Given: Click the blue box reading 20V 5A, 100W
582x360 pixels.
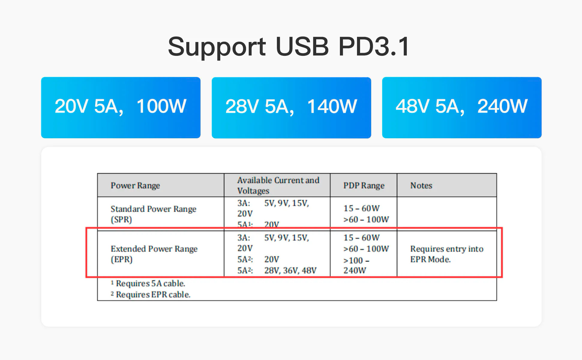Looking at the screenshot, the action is tap(121, 107).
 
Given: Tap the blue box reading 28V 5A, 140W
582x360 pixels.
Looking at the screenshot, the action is tap(291, 107).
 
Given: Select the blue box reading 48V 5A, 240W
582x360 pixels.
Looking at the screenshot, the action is tap(462, 107).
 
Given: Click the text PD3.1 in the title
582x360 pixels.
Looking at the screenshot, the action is tap(374, 46).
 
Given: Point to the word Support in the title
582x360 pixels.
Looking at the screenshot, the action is tap(217, 47).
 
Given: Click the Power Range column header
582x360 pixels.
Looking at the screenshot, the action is tap(135, 185).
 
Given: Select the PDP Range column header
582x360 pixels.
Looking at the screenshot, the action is tap(364, 185).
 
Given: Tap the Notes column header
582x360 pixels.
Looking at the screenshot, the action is tap(421, 185).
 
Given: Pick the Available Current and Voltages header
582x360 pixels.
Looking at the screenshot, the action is tap(278, 185).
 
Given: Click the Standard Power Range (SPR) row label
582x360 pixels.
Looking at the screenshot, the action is tap(153, 214).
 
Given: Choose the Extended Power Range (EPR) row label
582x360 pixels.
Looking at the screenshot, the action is tap(154, 254).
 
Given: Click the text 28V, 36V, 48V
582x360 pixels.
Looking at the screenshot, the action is tap(290, 270).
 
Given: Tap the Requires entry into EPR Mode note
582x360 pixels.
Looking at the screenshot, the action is tap(447, 254).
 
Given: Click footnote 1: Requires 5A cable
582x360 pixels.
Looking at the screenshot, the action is tap(148, 283).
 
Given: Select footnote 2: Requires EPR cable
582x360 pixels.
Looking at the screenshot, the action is tap(151, 294).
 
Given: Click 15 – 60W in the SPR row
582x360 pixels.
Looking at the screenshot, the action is tap(361, 208).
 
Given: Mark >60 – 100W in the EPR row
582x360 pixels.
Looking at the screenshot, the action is tap(366, 249).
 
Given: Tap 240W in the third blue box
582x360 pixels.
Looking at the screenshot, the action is tap(502, 106).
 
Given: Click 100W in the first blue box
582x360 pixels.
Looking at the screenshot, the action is tap(161, 106).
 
